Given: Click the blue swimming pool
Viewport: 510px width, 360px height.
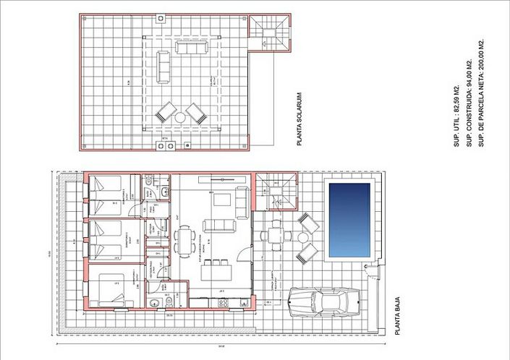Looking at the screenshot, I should (349, 220).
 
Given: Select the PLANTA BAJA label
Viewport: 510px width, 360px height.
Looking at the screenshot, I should (397, 318).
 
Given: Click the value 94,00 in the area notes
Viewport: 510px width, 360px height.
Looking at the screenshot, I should (469, 77).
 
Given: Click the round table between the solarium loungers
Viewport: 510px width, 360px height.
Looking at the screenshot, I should (180, 116).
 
